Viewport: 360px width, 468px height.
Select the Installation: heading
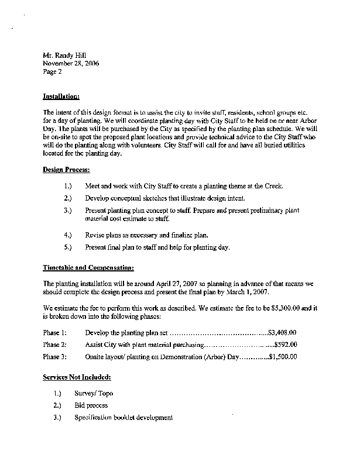61,96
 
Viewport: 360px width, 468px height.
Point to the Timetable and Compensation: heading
88,268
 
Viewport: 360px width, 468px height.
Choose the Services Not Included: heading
77,378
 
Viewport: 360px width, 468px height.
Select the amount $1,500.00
283,357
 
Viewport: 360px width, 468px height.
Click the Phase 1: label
55,332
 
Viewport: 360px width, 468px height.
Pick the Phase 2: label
55,345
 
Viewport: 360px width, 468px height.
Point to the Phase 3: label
55,357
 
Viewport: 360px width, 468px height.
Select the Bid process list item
91,405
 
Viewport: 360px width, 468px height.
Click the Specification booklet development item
124,418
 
